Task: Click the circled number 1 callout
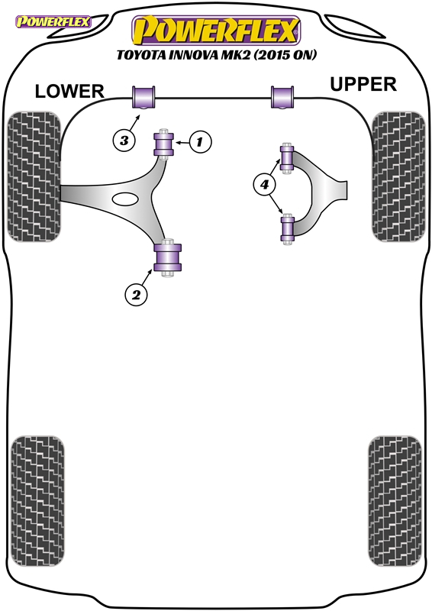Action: [x=200, y=142]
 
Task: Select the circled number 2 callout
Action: [x=136, y=295]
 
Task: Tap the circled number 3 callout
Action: [x=124, y=140]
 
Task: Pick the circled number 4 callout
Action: [x=265, y=184]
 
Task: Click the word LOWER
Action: [x=69, y=92]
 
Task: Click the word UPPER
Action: [x=363, y=85]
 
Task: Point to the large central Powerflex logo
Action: [x=216, y=31]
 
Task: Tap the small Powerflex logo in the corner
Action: [x=53, y=21]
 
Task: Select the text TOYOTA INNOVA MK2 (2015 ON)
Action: [x=217, y=55]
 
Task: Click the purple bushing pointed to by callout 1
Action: [x=164, y=144]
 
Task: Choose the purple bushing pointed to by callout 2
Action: [x=168, y=257]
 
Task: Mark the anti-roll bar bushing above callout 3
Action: [x=143, y=97]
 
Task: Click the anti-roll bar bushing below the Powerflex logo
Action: [x=282, y=97]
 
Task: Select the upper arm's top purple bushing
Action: [x=287, y=159]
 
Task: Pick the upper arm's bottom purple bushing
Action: [x=288, y=228]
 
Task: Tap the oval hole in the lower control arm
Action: [x=125, y=199]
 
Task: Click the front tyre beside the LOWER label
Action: [x=34, y=176]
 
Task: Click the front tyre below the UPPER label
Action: [x=398, y=176]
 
